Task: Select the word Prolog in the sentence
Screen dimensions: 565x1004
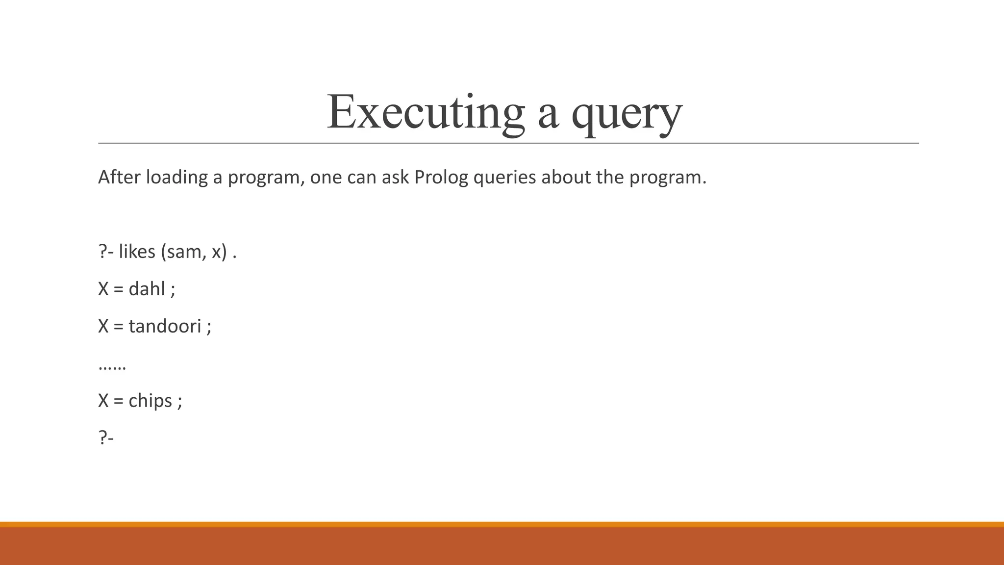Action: pyautogui.click(x=441, y=177)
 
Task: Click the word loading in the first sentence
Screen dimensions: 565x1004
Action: pyautogui.click(x=177, y=177)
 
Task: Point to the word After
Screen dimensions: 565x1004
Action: pyautogui.click(x=119, y=177)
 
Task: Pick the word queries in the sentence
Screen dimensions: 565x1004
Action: pyautogui.click(x=504, y=177)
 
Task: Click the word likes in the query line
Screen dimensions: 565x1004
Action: pyautogui.click(x=137, y=252)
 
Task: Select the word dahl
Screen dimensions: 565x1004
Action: pyautogui.click(x=147, y=289)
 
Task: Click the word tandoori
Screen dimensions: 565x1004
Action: pyautogui.click(x=165, y=326)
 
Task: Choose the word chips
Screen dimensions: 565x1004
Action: pyautogui.click(x=150, y=401)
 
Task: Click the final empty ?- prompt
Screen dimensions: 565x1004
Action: pyautogui.click(x=106, y=437)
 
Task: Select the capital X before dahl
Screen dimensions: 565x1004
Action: pyautogui.click(x=103, y=289)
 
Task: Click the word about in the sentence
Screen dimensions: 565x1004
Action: pyautogui.click(x=566, y=177)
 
